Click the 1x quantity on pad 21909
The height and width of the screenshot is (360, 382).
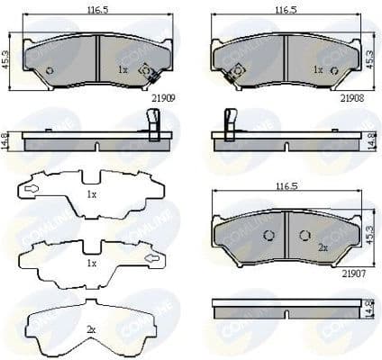pyautogui.click(x=123, y=68)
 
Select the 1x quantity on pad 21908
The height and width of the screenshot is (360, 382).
pyautogui.click(x=317, y=68)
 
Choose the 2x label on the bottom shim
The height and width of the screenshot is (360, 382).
pyautogui.click(x=90, y=330)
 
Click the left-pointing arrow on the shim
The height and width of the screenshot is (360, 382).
pyautogui.click(x=31, y=190)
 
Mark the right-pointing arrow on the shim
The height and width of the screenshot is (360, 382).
pyautogui.click(x=151, y=261)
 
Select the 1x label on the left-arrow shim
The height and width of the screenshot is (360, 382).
pyautogui.click(x=90, y=194)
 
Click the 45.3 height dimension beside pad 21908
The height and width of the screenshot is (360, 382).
pyautogui.click(x=373, y=59)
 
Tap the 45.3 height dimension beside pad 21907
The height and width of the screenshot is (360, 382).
pyautogui.click(x=373, y=236)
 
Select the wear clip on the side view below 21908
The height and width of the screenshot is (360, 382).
pyautogui.click(x=229, y=124)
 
